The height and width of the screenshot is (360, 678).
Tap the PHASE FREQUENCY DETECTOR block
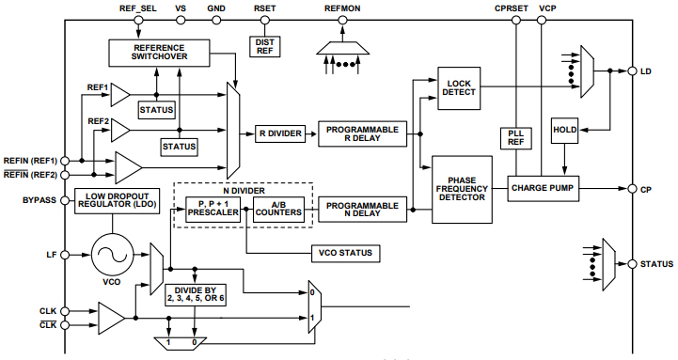(462, 190)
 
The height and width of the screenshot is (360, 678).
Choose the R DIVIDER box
(280, 133)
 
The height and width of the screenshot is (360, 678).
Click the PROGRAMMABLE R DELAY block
(362, 133)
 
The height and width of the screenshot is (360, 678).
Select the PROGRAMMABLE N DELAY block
(362, 207)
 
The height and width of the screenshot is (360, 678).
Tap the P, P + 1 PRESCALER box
(213, 209)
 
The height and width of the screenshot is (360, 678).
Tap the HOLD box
(565, 130)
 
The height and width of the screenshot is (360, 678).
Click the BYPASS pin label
(39, 200)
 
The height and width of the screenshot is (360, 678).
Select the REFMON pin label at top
(342, 8)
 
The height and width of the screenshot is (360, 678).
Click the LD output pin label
(646, 71)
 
